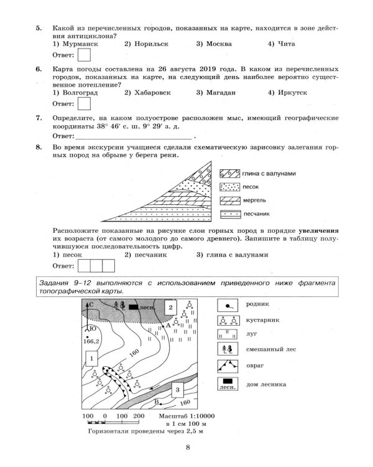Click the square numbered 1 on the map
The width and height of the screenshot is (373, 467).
click(x=91, y=359)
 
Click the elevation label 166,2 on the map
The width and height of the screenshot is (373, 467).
click(x=91, y=341)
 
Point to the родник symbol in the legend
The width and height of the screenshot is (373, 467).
click(x=229, y=305)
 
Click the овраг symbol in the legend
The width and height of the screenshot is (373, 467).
click(x=229, y=365)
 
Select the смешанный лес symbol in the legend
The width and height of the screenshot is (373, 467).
click(x=229, y=345)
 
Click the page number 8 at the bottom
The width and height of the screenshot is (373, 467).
click(x=187, y=446)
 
